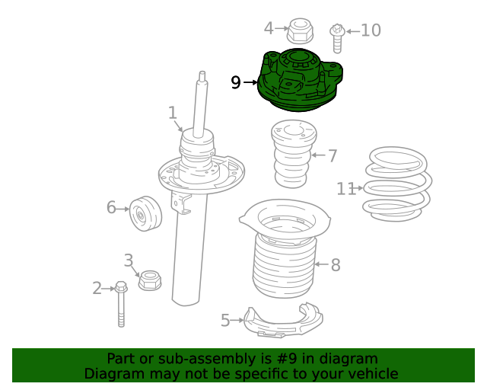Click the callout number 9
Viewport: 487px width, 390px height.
tap(236, 82)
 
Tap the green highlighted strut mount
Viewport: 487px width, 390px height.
tap(301, 80)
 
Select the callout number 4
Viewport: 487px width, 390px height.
tap(269, 29)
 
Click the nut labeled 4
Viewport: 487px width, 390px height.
tap(299, 31)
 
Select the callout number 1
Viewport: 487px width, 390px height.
tap(173, 113)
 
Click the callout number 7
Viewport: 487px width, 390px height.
tap(333, 155)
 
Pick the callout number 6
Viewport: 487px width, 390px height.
tap(111, 207)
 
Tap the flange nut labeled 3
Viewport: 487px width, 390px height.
tap(149, 280)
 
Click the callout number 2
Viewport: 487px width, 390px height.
tap(97, 288)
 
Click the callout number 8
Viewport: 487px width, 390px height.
tap(335, 265)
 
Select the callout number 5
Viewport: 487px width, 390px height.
tap(225, 321)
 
